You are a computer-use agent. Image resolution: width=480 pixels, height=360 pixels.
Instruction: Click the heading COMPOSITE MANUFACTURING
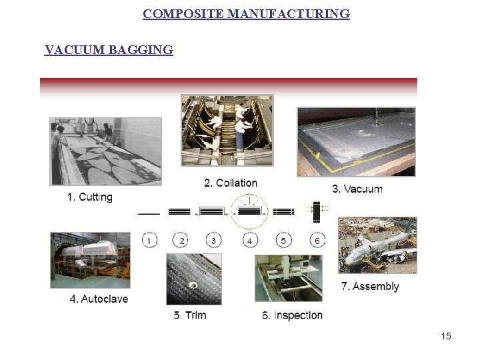[x=246, y=14]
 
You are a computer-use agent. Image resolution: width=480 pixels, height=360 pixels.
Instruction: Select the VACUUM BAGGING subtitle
[x=109, y=50]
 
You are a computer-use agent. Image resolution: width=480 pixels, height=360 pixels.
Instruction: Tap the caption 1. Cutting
[x=90, y=197]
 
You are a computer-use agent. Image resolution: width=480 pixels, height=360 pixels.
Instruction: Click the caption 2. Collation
[x=230, y=183]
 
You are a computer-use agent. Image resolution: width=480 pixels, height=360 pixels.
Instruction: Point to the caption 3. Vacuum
[x=357, y=189]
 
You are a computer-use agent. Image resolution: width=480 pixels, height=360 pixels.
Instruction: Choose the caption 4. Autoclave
[x=99, y=299]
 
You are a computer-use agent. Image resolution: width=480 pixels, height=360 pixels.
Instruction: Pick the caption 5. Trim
[x=190, y=315]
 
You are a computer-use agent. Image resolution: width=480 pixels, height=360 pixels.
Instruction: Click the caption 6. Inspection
[x=292, y=315]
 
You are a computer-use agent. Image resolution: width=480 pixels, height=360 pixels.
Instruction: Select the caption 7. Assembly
[x=370, y=287]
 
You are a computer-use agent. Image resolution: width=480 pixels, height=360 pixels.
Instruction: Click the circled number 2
[x=181, y=240]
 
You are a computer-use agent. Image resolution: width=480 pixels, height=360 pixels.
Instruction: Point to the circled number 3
[x=213, y=240]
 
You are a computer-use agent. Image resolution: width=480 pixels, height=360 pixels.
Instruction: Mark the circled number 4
[x=249, y=240]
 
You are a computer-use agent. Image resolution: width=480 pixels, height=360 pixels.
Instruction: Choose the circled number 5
[x=283, y=240]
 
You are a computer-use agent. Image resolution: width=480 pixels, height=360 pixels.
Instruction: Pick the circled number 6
[x=317, y=240]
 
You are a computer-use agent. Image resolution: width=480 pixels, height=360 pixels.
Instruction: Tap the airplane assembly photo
[x=377, y=245]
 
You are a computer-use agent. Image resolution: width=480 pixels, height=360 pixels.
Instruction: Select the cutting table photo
[x=105, y=151]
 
